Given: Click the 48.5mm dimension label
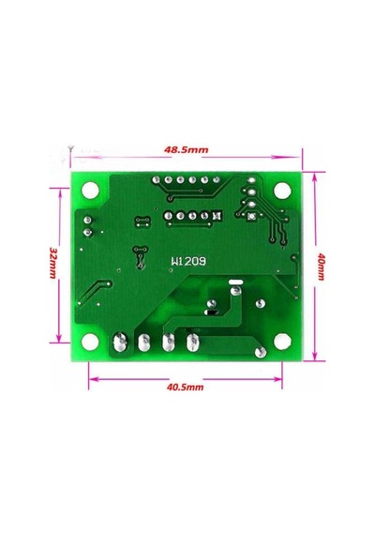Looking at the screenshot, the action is (x=186, y=150).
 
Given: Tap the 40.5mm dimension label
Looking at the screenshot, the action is (x=185, y=387).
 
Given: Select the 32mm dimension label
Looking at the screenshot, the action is (x=53, y=263).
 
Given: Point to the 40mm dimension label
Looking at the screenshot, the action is (x=322, y=267).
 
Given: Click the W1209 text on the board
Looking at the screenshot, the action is (x=188, y=262).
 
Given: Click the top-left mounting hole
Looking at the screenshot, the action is (x=90, y=190).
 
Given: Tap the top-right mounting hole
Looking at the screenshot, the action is (x=282, y=191).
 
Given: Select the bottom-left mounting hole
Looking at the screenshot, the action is (x=90, y=342).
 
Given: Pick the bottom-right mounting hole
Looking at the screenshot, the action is (x=282, y=342).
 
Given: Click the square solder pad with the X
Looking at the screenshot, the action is (x=217, y=216).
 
